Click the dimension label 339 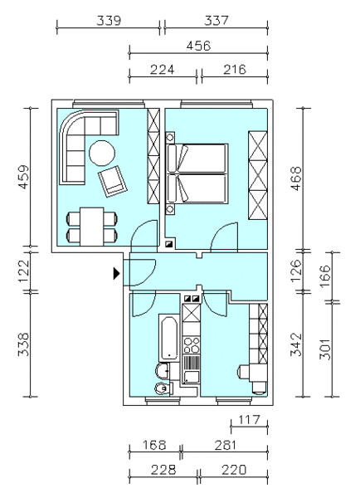tap(109, 21)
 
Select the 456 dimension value tap(198, 46)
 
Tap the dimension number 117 tap(249, 420)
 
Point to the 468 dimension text tap(296, 178)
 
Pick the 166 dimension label tap(325, 276)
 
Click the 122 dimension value tap(24, 271)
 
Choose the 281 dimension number tap(225, 445)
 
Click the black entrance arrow tap(116, 273)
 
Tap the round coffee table tap(102, 153)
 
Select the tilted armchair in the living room tap(112, 181)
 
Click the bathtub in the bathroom tap(168, 338)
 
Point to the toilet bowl tap(163, 388)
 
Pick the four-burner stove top tap(192, 345)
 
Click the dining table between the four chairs tap(92, 227)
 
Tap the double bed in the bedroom tap(197, 173)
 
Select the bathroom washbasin tap(163, 371)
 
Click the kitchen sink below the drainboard tap(192, 377)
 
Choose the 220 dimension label tap(234, 470)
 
